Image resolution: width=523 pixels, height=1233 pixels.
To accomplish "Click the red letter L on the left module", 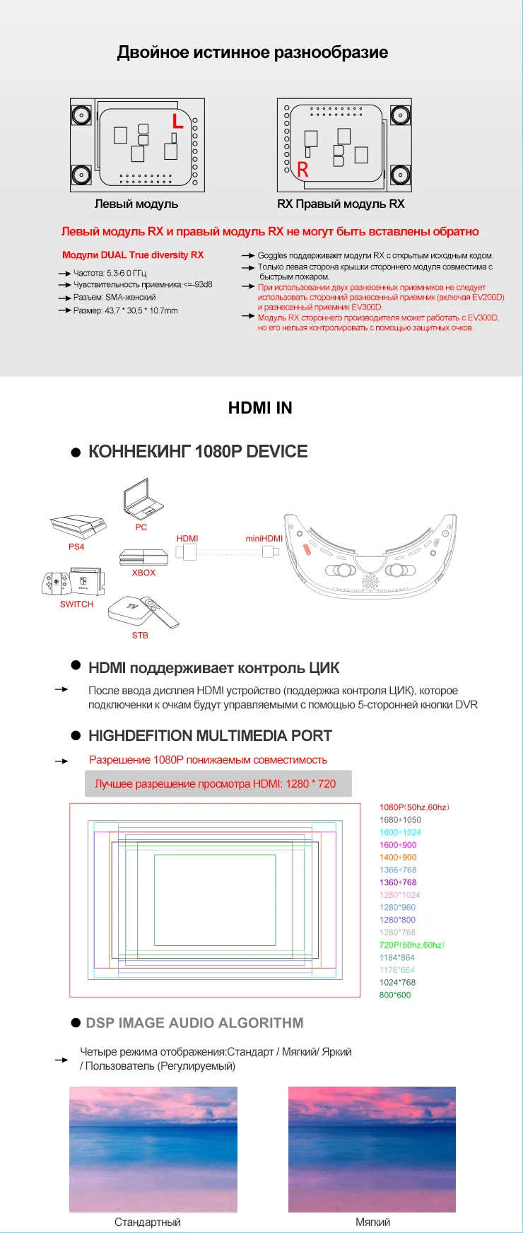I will (177, 121).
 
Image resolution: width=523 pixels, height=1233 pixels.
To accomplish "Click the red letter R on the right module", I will (302, 170).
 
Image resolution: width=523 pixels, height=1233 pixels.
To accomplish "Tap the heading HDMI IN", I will (260, 408).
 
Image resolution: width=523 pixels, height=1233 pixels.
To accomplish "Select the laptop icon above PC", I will (143, 498).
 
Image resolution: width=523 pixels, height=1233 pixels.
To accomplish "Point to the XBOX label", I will (143, 573).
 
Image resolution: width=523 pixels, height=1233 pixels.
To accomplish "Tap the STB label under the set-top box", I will (140, 636).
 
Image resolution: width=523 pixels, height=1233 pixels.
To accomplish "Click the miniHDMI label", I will (264, 539).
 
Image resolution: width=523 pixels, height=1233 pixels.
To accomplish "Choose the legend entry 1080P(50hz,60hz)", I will (414, 807).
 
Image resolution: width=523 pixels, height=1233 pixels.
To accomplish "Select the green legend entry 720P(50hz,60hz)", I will (411, 945).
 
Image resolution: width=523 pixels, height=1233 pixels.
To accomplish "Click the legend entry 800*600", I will (394, 995).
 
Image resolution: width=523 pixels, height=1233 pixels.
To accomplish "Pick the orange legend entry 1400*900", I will (398, 858).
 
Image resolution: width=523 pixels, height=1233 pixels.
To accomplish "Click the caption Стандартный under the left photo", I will (147, 1222).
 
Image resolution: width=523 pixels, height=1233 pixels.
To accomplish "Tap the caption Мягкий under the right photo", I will (372, 1222).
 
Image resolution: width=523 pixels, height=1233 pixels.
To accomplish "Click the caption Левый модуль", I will (136, 204).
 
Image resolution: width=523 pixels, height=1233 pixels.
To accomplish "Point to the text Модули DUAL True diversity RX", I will (133, 255).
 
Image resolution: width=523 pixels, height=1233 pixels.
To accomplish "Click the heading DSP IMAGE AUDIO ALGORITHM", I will (194, 1023).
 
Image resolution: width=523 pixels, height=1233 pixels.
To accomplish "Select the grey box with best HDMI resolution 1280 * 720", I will (218, 784).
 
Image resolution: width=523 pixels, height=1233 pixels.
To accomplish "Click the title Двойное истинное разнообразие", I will (252, 52).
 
